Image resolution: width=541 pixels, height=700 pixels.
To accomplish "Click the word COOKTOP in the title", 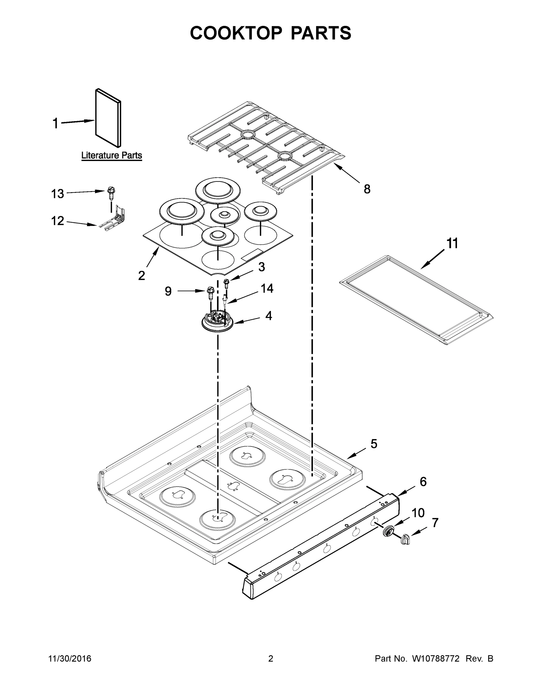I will [x=236, y=33].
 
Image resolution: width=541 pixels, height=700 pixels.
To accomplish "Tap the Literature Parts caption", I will [x=111, y=155].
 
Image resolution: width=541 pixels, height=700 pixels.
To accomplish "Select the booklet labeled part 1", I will [x=108, y=118].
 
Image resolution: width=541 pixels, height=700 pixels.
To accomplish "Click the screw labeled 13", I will [x=111, y=192].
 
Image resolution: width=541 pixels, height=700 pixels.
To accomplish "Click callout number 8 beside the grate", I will [x=367, y=189].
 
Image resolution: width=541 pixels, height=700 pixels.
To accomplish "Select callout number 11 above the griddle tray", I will [x=452, y=243].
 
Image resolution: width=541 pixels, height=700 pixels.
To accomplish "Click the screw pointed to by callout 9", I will [x=211, y=293].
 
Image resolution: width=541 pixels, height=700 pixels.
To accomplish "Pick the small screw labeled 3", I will [x=227, y=283].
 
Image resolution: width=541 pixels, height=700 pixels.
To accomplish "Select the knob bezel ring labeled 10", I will [x=388, y=531].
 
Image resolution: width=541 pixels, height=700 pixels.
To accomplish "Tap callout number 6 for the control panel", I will [x=423, y=482].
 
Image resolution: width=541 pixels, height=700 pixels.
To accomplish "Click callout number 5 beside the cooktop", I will [x=374, y=444].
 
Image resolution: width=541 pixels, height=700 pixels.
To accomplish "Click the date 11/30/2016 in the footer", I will [x=69, y=659].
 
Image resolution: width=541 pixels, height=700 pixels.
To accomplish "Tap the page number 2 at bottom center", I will [x=271, y=659].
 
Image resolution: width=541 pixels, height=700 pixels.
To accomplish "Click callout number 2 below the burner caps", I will [x=141, y=275].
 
